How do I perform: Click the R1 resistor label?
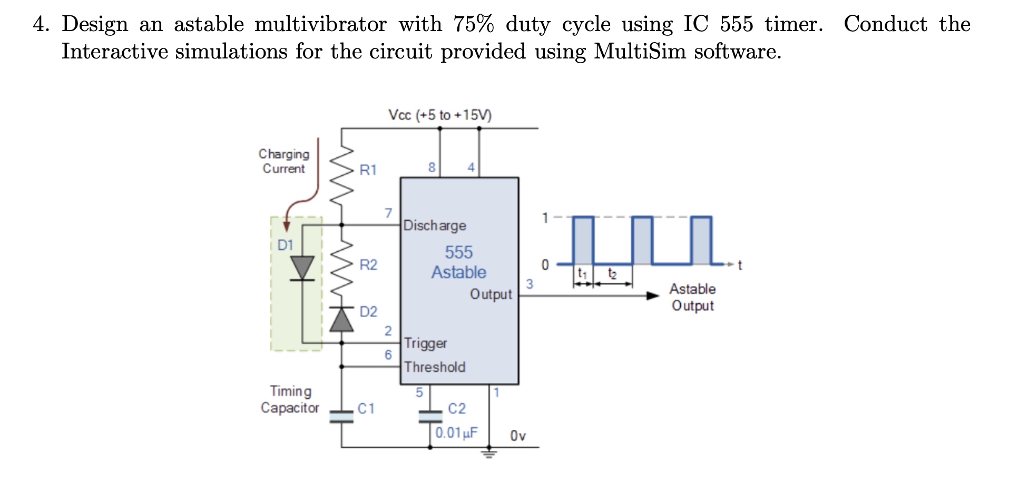pyautogui.click(x=368, y=170)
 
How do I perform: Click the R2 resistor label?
pyautogui.click(x=368, y=264)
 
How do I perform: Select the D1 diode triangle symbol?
pyautogui.click(x=302, y=268)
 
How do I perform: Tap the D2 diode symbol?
pyautogui.click(x=341, y=320)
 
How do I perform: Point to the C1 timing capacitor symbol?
pyautogui.click(x=341, y=417)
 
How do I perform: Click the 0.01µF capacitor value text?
pyautogui.click(x=456, y=433)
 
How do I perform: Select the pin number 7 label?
pyautogui.click(x=388, y=213)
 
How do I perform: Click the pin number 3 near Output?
pyautogui.click(x=530, y=284)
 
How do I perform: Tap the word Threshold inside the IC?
pyautogui.click(x=435, y=367)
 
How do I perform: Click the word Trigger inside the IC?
pyautogui.click(x=425, y=343)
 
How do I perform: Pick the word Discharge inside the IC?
pyautogui.click(x=435, y=225)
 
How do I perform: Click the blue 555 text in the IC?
pyautogui.click(x=458, y=252)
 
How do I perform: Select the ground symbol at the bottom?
pyautogui.click(x=489, y=453)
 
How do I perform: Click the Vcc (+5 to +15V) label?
pyautogui.click(x=439, y=115)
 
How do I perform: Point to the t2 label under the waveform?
pyautogui.click(x=612, y=273)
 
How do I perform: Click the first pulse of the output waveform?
pyautogui.click(x=583, y=240)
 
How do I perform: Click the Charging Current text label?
pyautogui.click(x=284, y=161)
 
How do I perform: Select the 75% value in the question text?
pyautogui.click(x=473, y=24)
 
